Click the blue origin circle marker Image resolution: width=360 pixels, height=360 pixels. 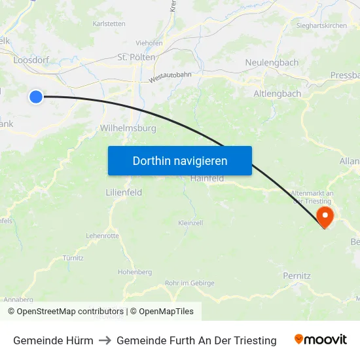click(36, 97)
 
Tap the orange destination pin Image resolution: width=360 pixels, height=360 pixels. click(325, 215)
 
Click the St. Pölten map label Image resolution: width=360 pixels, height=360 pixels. click(136, 57)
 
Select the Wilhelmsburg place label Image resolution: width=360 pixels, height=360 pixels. click(128, 128)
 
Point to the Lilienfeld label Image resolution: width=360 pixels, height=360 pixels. click(124, 192)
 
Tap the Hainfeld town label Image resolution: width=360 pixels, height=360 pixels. click(207, 178)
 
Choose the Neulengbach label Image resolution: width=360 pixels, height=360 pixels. click(272, 63)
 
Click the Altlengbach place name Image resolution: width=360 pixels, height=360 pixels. click(277, 94)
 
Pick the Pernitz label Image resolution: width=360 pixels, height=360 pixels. click(297, 276)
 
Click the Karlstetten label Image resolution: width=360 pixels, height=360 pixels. click(109, 24)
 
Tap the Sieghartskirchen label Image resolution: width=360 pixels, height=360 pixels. click(321, 26)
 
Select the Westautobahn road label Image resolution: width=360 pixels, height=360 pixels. click(170, 77)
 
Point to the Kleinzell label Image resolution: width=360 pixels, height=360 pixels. click(190, 223)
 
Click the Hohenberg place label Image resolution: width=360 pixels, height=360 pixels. click(135, 272)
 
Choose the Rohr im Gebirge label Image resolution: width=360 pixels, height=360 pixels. click(189, 283)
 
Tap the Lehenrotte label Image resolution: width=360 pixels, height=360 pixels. click(102, 236)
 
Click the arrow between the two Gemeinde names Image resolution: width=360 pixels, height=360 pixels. click(105, 340)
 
